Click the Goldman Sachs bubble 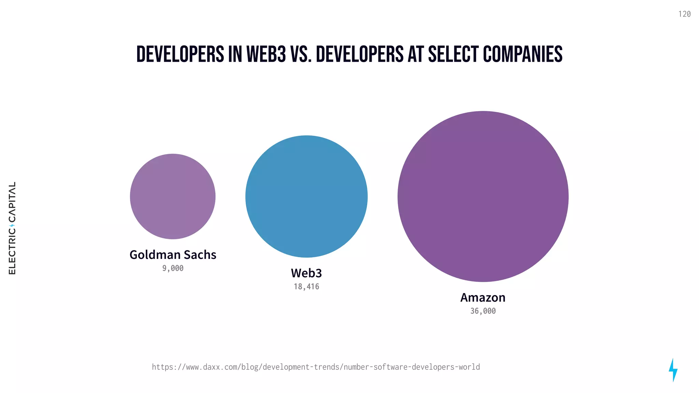pos(173,196)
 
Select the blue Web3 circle pos(306,196)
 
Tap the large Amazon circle pos(483,196)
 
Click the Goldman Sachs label pos(173,255)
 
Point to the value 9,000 pos(173,268)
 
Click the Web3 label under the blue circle pos(306,273)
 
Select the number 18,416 pos(306,287)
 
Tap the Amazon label pos(483,297)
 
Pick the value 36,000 pos(483,311)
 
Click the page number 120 pos(684,14)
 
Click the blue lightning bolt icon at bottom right pos(673,370)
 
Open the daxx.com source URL pos(316,367)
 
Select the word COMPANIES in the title pos(523,55)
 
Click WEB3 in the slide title pos(266,55)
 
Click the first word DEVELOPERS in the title pos(180,55)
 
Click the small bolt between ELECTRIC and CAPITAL pos(12,225)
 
